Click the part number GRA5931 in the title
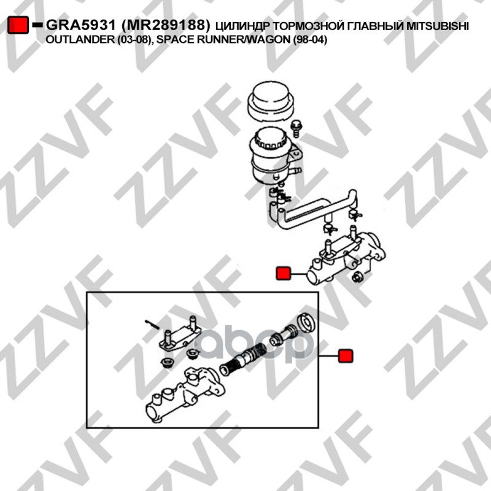82,25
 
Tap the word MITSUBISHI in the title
438,26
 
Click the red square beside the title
18,25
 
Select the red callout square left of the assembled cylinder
284,273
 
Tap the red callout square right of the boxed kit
346,356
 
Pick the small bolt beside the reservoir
295,128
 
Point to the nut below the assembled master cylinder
357,277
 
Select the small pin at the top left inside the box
152,325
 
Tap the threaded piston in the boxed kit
242,359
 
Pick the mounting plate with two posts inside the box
179,337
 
